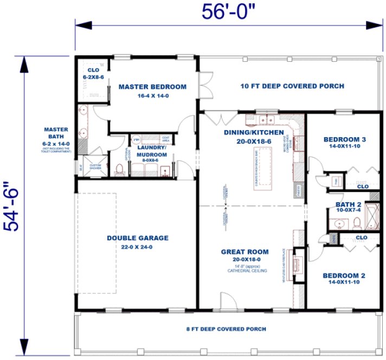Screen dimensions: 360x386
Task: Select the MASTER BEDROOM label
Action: tap(152, 86)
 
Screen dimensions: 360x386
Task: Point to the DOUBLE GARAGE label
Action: tap(137, 237)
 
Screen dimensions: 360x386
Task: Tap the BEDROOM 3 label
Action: tap(344, 139)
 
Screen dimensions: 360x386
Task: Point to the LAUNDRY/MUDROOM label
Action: tap(151, 150)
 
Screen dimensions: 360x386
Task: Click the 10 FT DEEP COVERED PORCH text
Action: tap(292, 86)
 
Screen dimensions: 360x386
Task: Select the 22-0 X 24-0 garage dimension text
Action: tap(137, 247)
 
